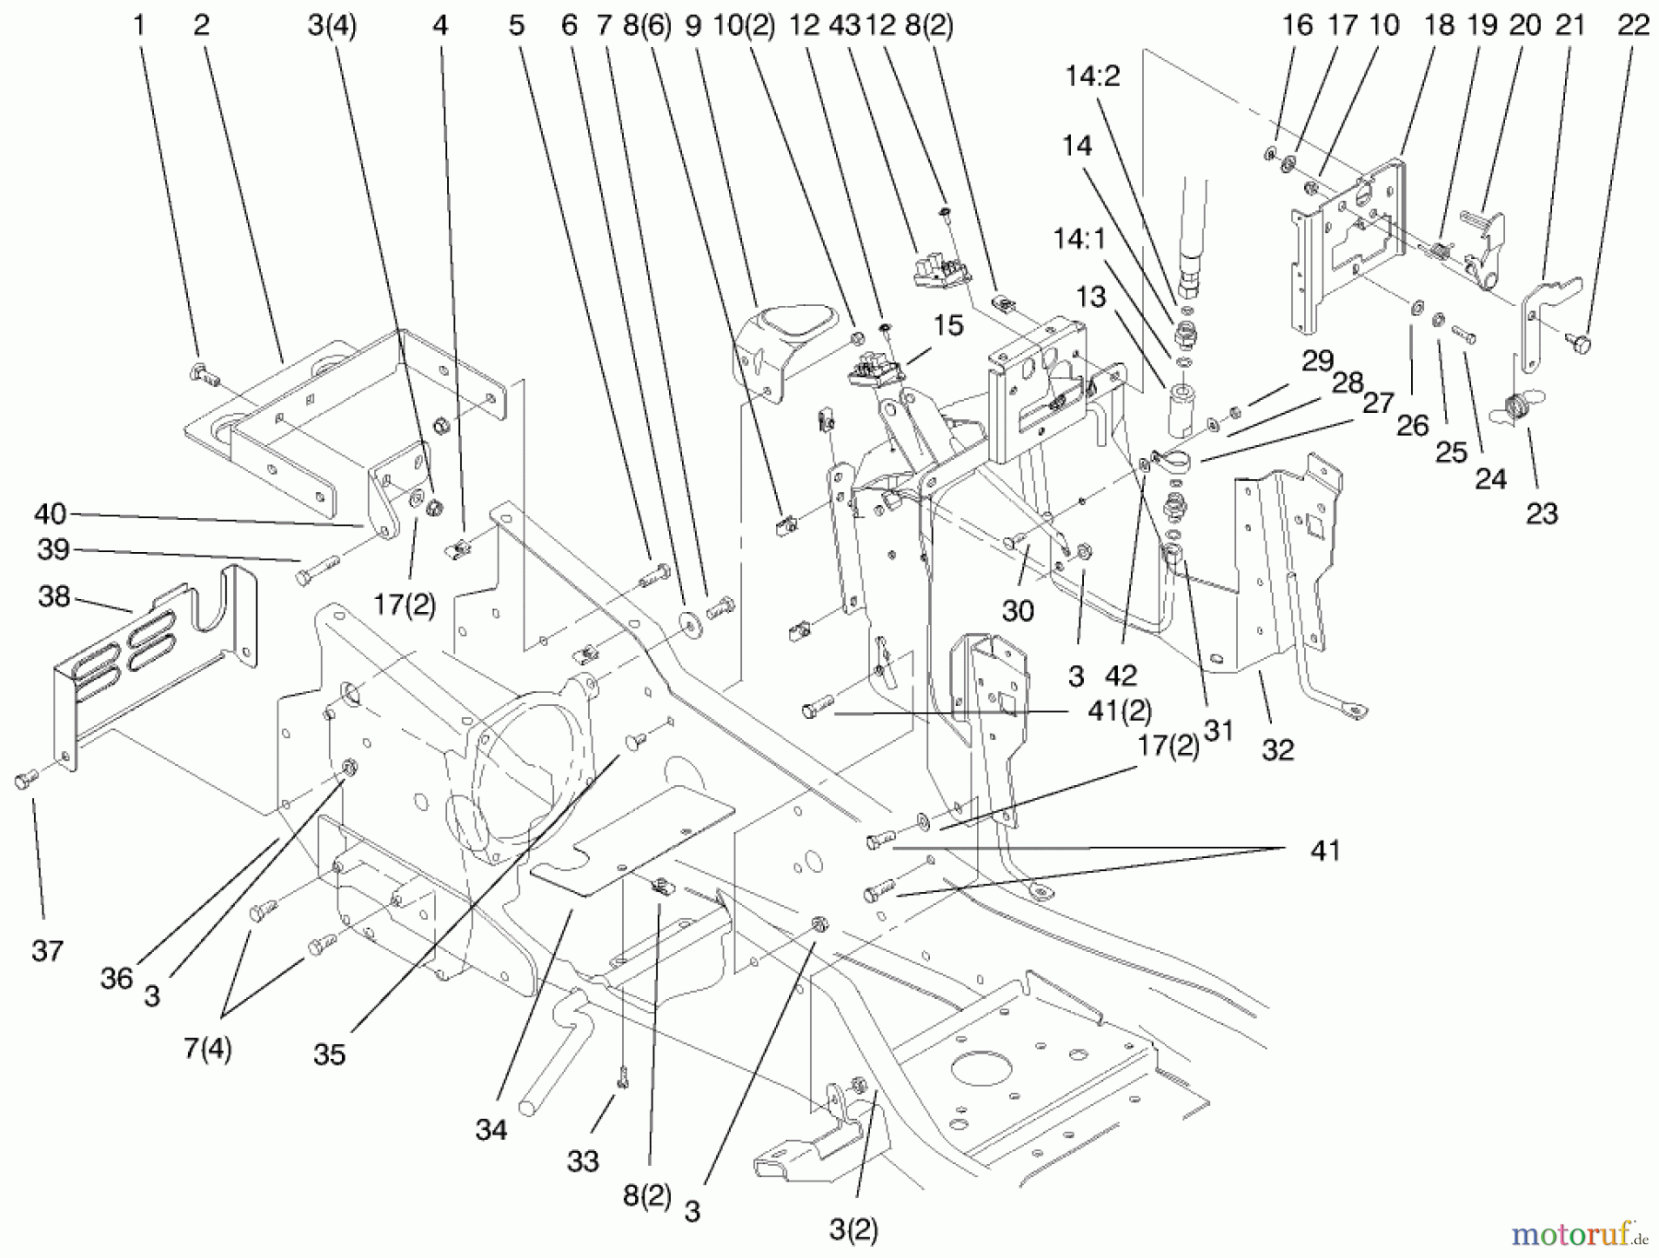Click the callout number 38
(x=53, y=596)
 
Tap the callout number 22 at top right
(x=1633, y=25)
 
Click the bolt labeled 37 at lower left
(x=24, y=781)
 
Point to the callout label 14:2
(x=1092, y=76)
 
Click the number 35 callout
(x=329, y=1054)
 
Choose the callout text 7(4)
(x=206, y=1049)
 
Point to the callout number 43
(x=843, y=25)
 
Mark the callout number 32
(x=1277, y=749)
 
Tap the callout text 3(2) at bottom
(x=853, y=1230)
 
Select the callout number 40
(x=51, y=512)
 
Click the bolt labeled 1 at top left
(x=203, y=373)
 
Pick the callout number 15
(x=947, y=324)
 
